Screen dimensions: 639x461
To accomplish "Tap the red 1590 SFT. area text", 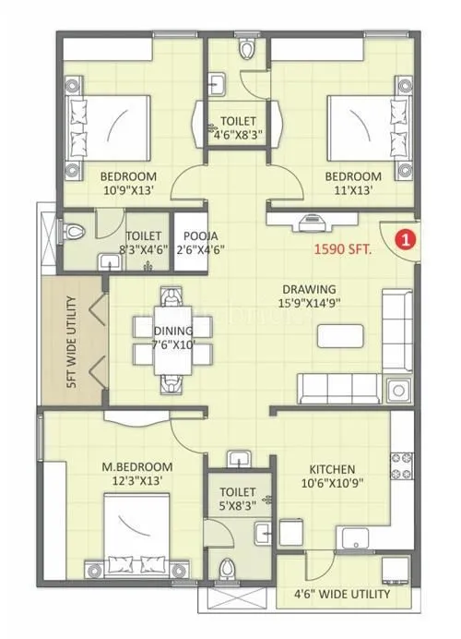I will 344,247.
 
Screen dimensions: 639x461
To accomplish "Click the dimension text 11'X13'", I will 352,191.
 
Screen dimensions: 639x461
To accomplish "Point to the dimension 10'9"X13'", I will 128,191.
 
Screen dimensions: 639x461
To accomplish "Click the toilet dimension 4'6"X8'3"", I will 238,134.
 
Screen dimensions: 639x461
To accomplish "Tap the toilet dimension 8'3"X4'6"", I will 145,250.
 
